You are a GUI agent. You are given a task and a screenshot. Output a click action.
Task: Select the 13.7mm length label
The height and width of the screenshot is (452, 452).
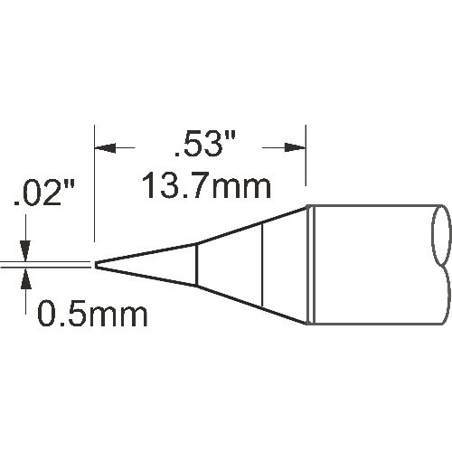pos(207,188)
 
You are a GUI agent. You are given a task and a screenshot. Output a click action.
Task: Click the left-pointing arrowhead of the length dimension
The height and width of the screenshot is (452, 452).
pos(103,146)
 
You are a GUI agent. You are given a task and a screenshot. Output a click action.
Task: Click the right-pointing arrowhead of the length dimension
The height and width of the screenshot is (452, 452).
pos(297,146)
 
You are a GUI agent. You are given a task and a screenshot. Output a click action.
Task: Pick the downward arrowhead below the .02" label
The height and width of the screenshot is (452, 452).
pos(27,254)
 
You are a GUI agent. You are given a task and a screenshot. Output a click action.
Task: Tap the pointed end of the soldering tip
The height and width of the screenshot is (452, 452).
pos(97,264)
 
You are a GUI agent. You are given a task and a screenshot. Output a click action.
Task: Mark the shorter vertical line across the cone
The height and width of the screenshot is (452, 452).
pos(196,264)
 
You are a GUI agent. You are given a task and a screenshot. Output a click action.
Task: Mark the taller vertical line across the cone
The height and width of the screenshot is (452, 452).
pos(261,264)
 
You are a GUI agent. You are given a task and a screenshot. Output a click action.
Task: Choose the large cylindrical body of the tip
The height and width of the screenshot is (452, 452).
pos(371,264)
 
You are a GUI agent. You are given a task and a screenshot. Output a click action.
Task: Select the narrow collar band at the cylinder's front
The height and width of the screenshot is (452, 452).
pos(309,264)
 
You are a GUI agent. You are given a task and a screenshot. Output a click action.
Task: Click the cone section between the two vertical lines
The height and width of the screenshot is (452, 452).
pos(229,264)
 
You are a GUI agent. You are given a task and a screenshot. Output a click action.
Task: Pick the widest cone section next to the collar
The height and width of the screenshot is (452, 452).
pos(284,264)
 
